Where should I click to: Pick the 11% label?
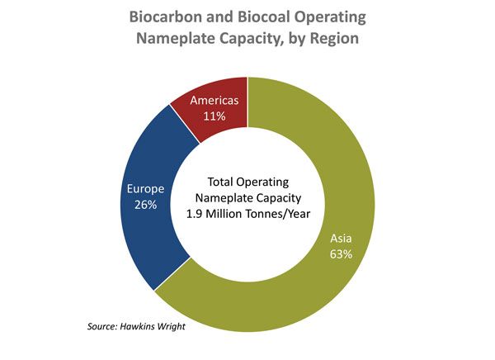click(x=216, y=116)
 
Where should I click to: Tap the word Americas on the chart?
click(x=216, y=101)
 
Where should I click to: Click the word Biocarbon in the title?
click(x=167, y=17)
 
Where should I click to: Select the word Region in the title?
click(x=332, y=38)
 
